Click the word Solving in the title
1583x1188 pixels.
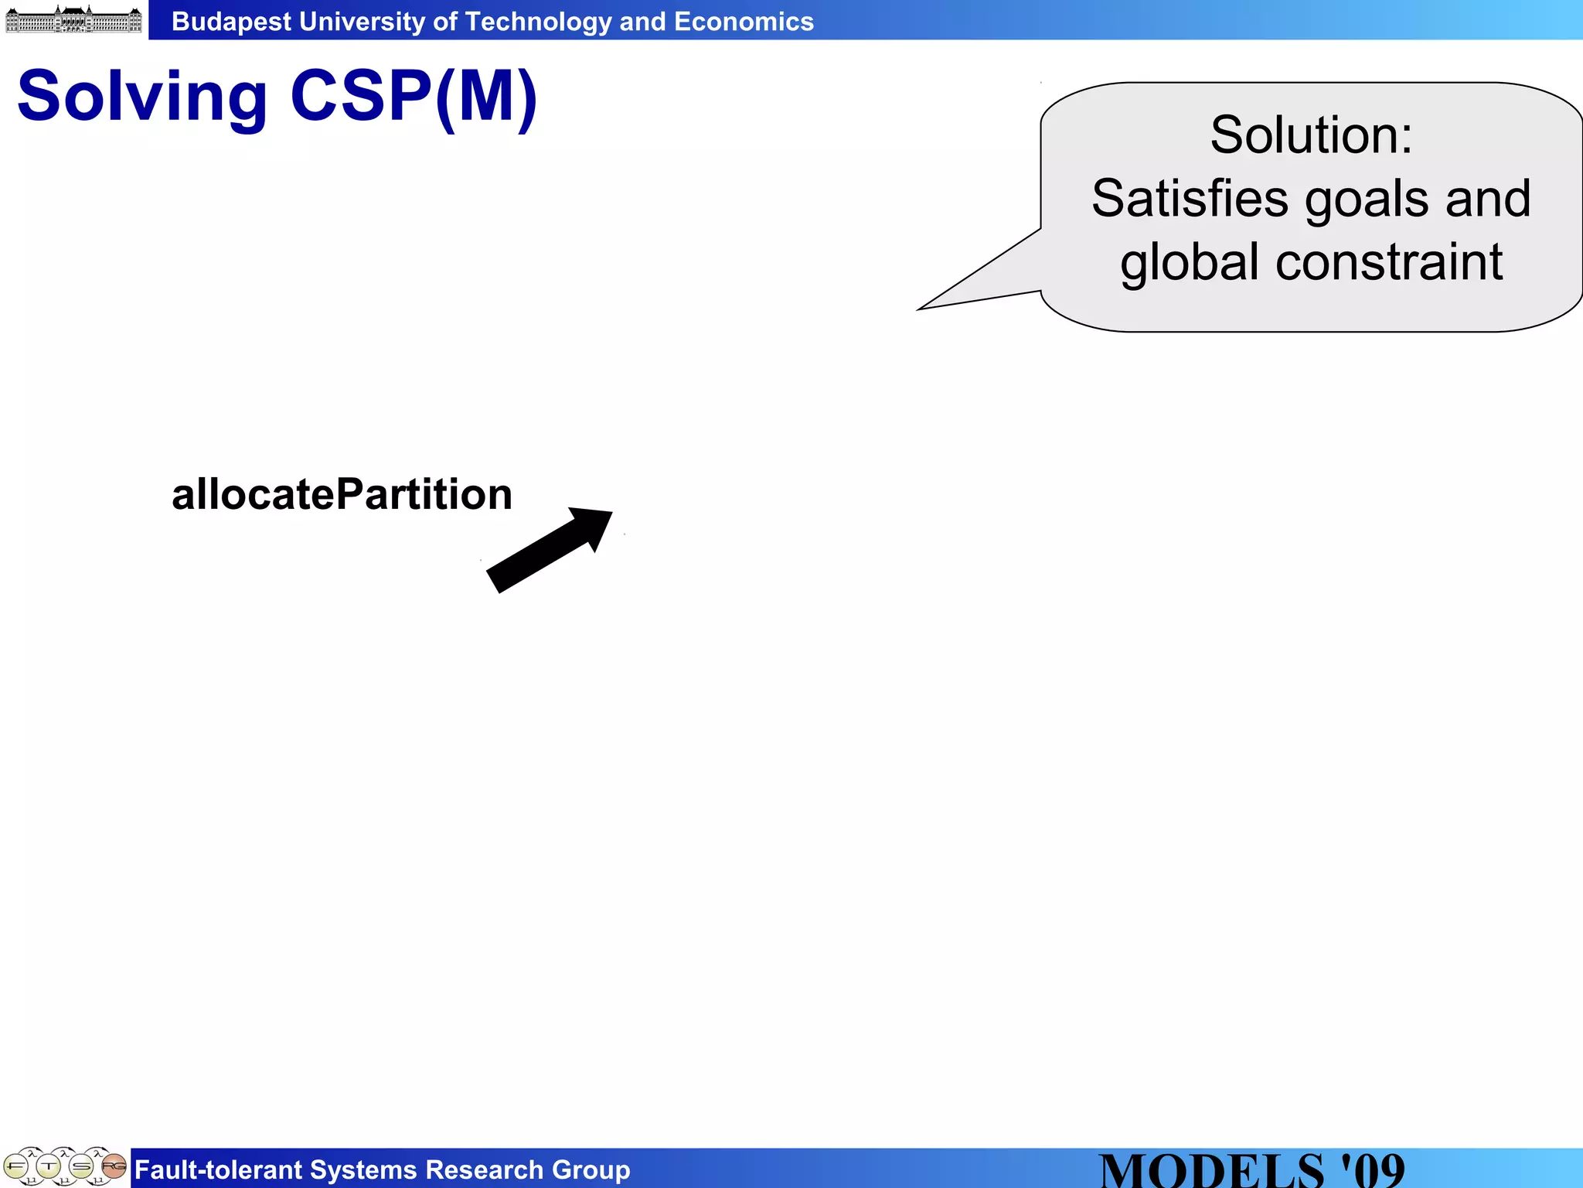[142, 97]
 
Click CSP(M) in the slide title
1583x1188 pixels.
[414, 97]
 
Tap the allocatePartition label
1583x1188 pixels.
[342, 494]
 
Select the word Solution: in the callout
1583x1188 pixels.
[1311, 135]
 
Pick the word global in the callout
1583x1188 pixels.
[1190, 263]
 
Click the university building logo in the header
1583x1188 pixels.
[73, 19]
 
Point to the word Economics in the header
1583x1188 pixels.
[744, 22]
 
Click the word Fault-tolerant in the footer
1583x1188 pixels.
[218, 1169]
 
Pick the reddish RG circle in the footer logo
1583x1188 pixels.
[114, 1165]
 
